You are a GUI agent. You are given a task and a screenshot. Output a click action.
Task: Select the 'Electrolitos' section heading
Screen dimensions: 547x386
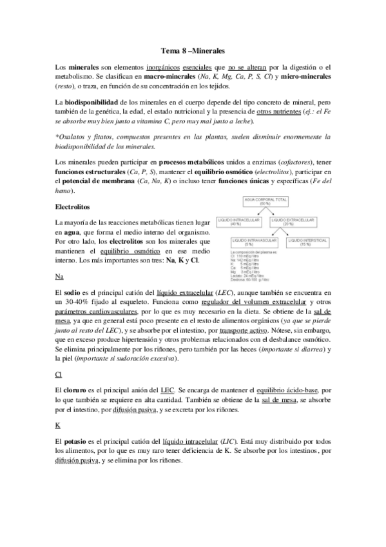[75, 207]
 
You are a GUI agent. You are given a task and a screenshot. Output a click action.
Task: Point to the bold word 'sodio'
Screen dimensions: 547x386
[75, 293]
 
